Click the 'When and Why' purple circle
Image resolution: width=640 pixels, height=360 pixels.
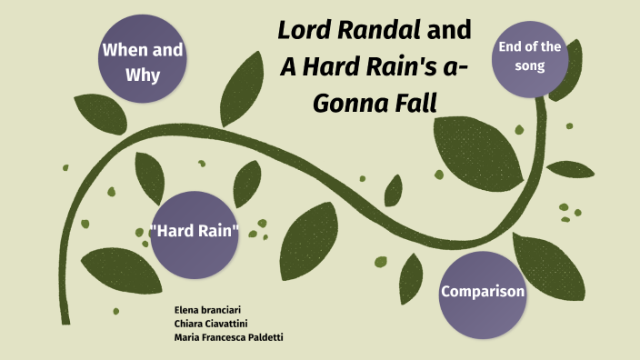click(142, 62)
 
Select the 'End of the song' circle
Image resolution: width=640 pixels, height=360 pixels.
click(531, 58)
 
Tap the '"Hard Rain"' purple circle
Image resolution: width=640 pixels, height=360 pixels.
click(194, 234)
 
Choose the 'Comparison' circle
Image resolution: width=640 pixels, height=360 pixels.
click(482, 293)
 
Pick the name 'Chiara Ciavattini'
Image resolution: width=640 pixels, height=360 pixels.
click(212, 325)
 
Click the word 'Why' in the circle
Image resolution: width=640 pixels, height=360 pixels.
click(142, 74)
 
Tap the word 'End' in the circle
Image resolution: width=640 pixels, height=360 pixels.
click(509, 47)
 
